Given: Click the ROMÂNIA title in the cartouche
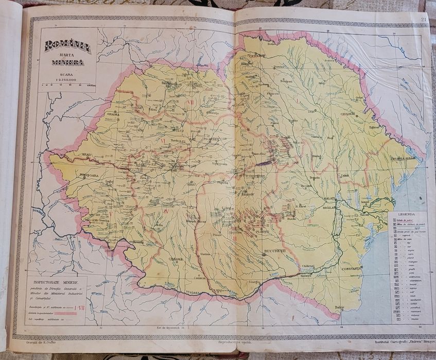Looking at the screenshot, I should (x=67, y=46).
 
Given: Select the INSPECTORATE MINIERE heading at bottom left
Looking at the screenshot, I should (x=57, y=282).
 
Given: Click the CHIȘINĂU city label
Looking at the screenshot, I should (x=348, y=114).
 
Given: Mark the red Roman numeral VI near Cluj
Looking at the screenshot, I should (x=163, y=140).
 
